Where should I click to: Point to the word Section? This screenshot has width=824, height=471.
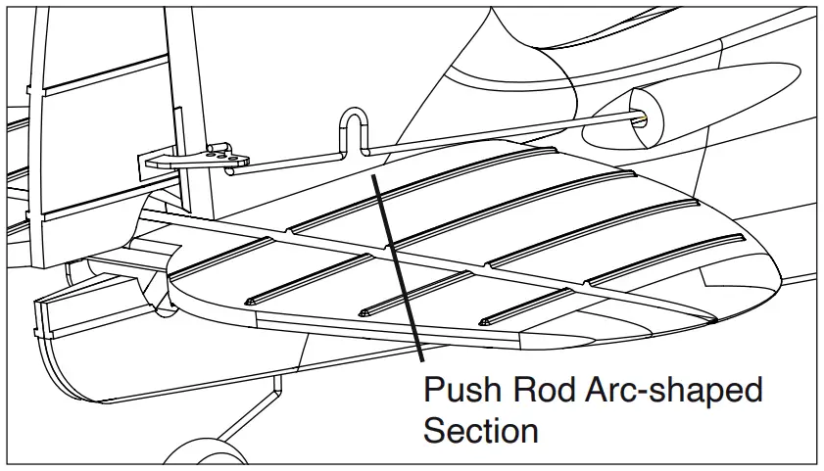coord(480,430)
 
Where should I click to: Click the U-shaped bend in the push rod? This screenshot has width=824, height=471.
coord(353,129)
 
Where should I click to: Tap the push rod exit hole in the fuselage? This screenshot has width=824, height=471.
coord(644,117)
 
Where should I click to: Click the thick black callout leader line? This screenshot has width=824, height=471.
coord(397,264)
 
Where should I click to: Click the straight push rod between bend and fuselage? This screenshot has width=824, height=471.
coord(490,134)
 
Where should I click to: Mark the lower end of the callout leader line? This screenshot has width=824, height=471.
coord(422,363)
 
